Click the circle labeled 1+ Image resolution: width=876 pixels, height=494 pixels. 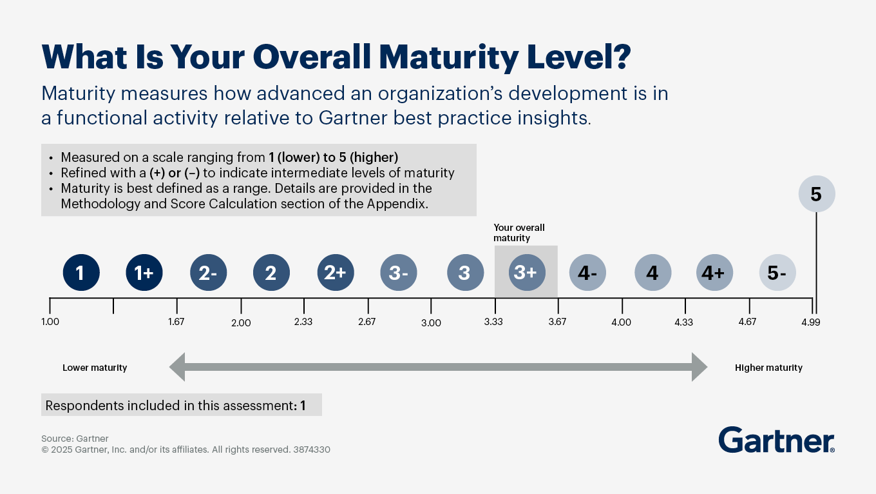(144, 273)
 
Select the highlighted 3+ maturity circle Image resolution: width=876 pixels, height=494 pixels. (526, 273)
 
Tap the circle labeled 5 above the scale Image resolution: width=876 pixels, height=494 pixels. (816, 194)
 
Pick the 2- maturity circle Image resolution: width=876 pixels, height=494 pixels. (208, 273)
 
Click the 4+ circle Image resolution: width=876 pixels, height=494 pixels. (714, 273)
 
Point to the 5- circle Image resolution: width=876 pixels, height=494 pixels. (777, 273)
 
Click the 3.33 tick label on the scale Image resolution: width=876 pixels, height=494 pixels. (494, 322)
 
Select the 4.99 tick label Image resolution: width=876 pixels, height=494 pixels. (811, 322)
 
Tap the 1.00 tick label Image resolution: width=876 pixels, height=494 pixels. (50, 322)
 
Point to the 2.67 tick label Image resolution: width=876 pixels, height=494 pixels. (367, 322)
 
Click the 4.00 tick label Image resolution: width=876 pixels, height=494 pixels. (622, 322)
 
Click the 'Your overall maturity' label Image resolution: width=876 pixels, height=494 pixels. (519, 233)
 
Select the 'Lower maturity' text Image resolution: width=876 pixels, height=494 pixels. (95, 368)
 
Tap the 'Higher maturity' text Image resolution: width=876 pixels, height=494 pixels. (768, 368)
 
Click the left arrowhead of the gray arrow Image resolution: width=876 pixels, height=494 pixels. (178, 367)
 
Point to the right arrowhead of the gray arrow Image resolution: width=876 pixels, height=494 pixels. (700, 367)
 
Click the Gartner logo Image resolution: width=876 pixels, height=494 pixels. (776, 440)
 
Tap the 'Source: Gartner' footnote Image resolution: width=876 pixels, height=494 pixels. (75, 439)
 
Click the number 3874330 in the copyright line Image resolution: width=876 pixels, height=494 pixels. (311, 450)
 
